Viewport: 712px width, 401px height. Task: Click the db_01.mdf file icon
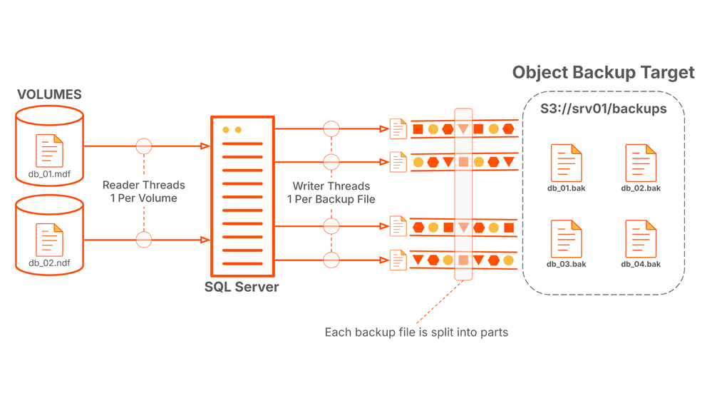pyautogui.click(x=49, y=151)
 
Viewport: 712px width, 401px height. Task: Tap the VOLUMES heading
pyautogui.click(x=49, y=94)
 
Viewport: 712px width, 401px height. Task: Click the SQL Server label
pyautogui.click(x=242, y=288)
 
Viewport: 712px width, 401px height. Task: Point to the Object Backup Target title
pyautogui.click(x=603, y=72)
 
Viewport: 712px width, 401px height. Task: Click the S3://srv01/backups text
pyautogui.click(x=604, y=109)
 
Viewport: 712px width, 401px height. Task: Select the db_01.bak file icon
pyautogui.click(x=566, y=163)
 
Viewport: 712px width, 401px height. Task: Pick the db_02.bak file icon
pyautogui.click(x=641, y=163)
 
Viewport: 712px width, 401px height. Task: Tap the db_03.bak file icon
pyautogui.click(x=566, y=239)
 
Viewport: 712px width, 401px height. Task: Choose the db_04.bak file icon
pyautogui.click(x=641, y=239)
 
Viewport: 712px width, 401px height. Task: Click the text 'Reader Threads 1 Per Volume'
pyautogui.click(x=144, y=191)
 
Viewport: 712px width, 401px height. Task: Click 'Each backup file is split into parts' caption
pyautogui.click(x=416, y=333)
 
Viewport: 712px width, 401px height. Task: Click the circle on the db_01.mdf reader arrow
pyautogui.click(x=144, y=146)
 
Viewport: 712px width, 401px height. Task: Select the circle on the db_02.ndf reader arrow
pyautogui.click(x=144, y=239)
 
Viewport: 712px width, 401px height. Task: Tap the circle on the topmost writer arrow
pyautogui.click(x=331, y=129)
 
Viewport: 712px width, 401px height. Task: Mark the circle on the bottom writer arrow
pyautogui.click(x=331, y=260)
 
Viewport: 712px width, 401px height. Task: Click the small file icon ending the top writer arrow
pyautogui.click(x=398, y=129)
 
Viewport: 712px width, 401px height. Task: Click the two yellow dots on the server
pyautogui.click(x=232, y=130)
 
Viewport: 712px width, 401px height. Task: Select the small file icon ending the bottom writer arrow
pyautogui.click(x=398, y=260)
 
